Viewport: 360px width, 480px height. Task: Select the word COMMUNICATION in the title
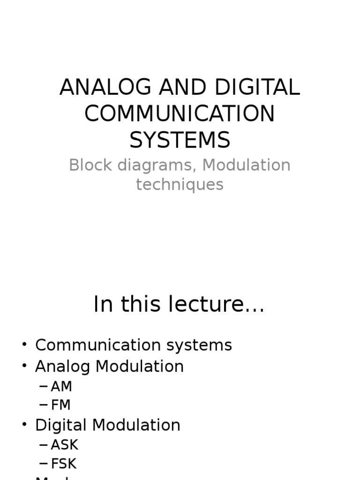pyautogui.click(x=180, y=114)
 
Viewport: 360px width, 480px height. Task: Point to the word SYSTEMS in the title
pyautogui.click(x=180, y=140)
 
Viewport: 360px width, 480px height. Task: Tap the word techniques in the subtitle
pyautogui.click(x=180, y=185)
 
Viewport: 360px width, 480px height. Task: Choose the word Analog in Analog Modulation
pyautogui.click(x=63, y=367)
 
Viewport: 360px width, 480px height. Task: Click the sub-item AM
pyautogui.click(x=61, y=387)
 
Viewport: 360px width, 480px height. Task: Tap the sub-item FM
pyautogui.click(x=61, y=405)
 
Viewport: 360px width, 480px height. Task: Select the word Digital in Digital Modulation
pyautogui.click(x=61, y=425)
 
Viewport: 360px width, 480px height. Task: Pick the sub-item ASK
pyautogui.click(x=64, y=444)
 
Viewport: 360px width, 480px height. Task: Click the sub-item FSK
pyautogui.click(x=64, y=464)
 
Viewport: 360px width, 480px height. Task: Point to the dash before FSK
pyautogui.click(x=44, y=464)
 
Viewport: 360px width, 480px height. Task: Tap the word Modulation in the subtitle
pyautogui.click(x=247, y=165)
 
